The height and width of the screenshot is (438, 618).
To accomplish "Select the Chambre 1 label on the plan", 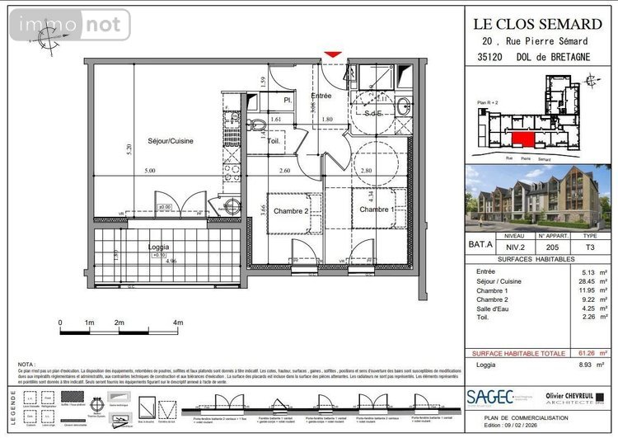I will [376, 210].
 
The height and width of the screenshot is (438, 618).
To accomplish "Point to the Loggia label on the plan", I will [159, 247].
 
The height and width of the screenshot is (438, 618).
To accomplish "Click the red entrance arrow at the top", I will [332, 55].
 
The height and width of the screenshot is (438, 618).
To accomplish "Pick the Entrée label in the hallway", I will [321, 96].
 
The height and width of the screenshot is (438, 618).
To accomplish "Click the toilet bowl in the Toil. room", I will [256, 125].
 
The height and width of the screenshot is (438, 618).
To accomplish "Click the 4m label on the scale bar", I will [178, 323].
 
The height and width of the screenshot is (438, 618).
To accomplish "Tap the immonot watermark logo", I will [69, 25].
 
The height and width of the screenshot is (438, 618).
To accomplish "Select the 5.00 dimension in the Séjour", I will [148, 171].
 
